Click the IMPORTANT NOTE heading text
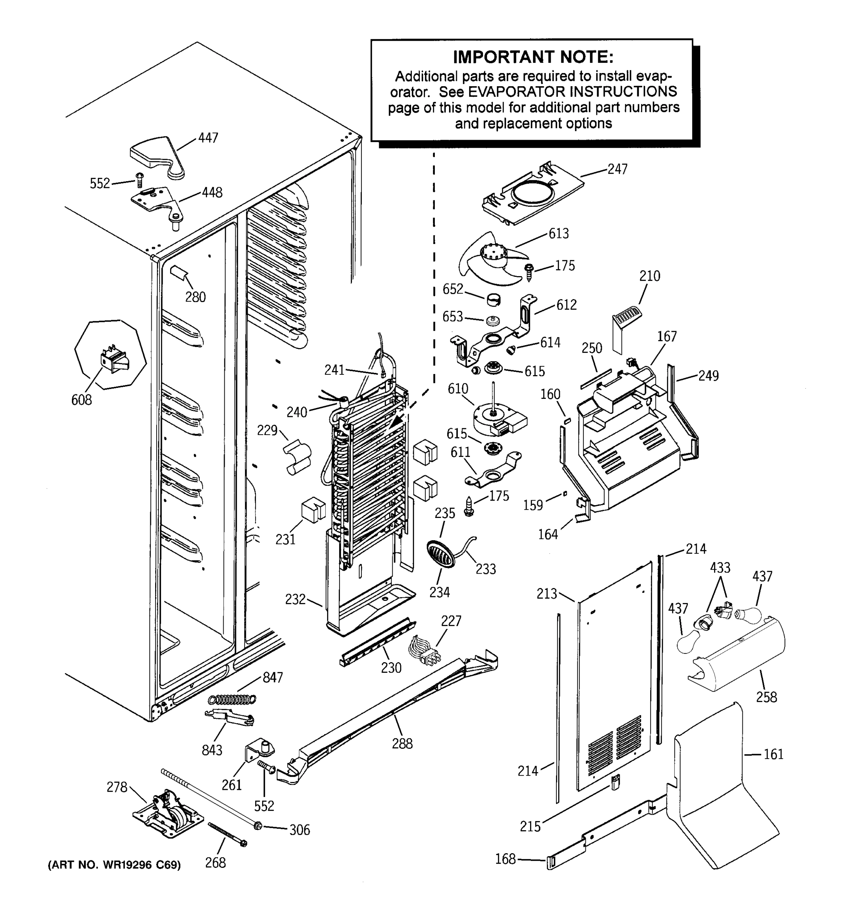click(533, 57)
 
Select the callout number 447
click(208, 138)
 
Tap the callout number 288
click(402, 744)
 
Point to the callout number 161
click(773, 754)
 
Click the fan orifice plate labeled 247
click(532, 195)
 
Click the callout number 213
click(546, 594)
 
